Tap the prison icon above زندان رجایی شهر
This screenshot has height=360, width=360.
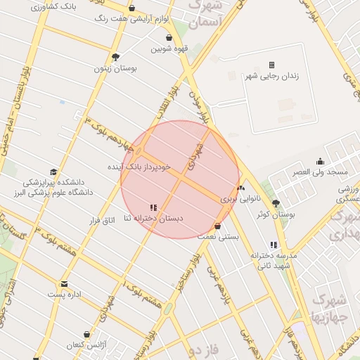point(271,65)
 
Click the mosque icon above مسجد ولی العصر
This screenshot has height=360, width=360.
point(321,161)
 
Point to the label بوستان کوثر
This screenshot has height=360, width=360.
point(276,214)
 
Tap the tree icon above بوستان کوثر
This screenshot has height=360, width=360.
point(276,203)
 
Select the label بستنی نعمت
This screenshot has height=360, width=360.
point(218,237)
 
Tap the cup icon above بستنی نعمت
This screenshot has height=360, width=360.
point(217,226)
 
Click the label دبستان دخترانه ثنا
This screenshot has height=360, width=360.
point(153,218)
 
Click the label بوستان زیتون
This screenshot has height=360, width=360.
point(115,68)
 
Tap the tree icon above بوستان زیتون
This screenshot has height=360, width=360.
point(115,58)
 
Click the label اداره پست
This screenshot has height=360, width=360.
point(65,295)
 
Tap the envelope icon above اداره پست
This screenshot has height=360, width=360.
point(65,284)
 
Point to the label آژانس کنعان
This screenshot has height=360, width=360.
point(86,345)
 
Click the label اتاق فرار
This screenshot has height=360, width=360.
point(101,221)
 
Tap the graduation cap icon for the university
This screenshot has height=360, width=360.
point(53,172)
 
